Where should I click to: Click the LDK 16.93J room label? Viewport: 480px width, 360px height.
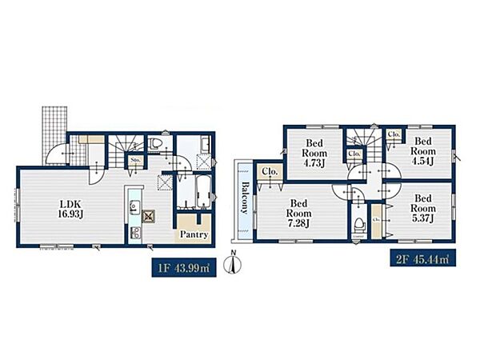click(x=70, y=209)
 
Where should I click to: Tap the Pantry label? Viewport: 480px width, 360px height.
click(x=194, y=234)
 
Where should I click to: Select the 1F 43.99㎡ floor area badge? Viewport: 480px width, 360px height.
click(x=184, y=267)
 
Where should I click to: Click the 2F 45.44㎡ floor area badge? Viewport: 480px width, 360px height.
click(x=422, y=258)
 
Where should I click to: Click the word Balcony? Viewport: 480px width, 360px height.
click(x=245, y=198)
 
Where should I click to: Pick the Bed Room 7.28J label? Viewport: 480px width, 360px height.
click(x=298, y=213)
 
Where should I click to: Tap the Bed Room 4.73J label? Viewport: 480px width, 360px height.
click(x=314, y=153)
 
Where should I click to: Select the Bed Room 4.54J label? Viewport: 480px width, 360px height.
click(x=423, y=151)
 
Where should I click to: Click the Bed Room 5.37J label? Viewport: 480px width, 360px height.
click(x=423, y=208)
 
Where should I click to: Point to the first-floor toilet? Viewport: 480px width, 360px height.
click(x=155, y=143)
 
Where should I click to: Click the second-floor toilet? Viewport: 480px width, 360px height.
click(x=359, y=226)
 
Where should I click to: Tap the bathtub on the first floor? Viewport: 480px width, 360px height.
click(x=203, y=192)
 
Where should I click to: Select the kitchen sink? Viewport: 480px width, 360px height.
click(x=134, y=207)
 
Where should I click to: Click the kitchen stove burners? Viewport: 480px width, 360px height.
click(x=135, y=232)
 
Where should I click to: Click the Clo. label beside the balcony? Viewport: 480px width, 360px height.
click(x=270, y=172)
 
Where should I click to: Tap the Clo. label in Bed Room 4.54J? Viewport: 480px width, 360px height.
click(x=394, y=134)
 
